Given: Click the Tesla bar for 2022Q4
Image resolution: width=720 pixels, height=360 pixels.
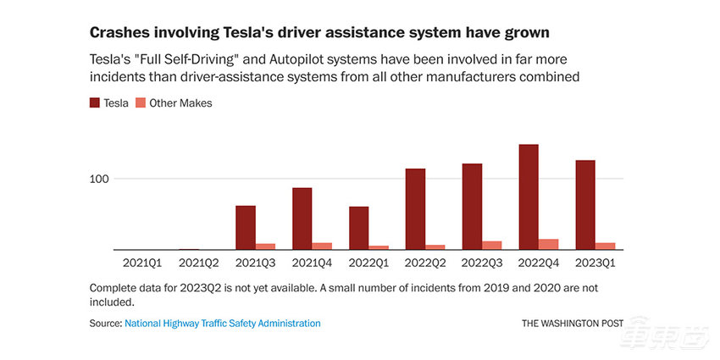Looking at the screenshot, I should click(x=528, y=197).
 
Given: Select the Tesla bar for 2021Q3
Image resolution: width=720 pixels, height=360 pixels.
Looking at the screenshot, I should click(x=245, y=227).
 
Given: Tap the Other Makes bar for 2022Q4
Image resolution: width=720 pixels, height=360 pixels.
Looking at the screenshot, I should click(x=548, y=244).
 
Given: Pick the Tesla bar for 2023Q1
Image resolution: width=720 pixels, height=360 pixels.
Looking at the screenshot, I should click(x=584, y=205).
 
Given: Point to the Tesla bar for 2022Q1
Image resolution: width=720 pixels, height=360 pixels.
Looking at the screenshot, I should click(x=358, y=228).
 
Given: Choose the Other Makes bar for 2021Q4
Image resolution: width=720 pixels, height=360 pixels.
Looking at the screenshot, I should click(x=322, y=246).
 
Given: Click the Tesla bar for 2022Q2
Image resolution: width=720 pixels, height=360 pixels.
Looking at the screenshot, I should click(x=415, y=209).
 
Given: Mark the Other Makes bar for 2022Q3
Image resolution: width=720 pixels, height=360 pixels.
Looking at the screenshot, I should click(x=491, y=245).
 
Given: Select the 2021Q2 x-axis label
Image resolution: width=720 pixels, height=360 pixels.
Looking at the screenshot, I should click(x=198, y=263).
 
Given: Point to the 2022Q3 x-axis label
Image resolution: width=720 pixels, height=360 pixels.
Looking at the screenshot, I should click(x=481, y=263).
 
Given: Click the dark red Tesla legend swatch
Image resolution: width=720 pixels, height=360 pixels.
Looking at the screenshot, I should click(x=95, y=102).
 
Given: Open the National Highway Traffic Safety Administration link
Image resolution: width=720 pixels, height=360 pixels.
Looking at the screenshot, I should click(x=223, y=323).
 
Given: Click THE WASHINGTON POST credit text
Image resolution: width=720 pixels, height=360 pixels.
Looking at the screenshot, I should click(x=572, y=323).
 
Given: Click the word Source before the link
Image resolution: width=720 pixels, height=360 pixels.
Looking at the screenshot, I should click(x=104, y=323).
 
